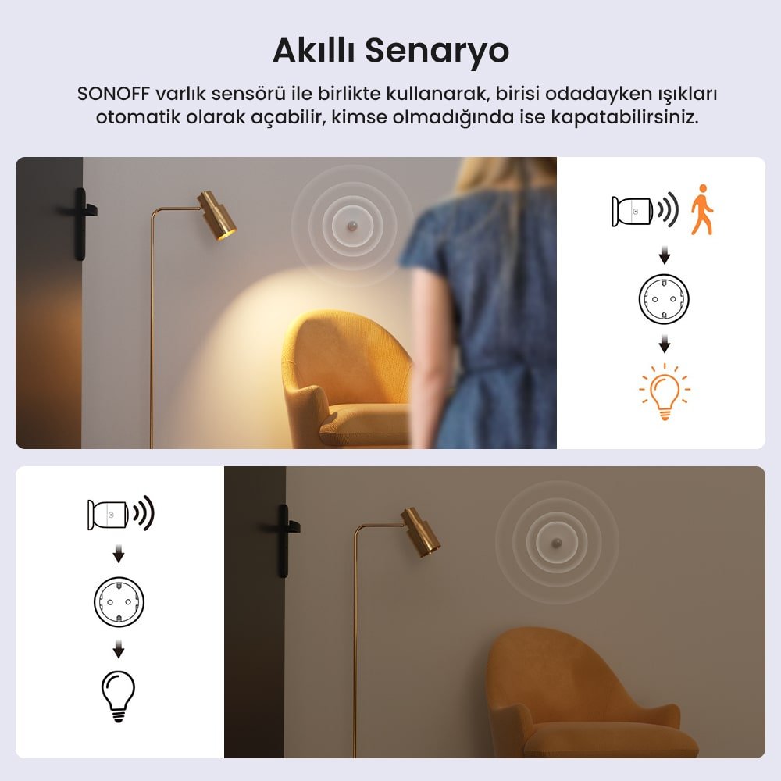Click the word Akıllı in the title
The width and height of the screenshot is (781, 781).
(314, 49)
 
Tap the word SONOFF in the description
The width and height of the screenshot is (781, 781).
(113, 94)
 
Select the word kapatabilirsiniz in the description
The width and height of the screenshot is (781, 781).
(625, 118)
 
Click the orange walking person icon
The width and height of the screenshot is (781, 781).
(702, 209)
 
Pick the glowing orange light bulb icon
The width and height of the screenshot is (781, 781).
(665, 392)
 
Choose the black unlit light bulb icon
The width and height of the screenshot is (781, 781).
(118, 696)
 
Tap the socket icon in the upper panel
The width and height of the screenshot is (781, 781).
(664, 299)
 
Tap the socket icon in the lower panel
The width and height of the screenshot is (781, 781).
(119, 601)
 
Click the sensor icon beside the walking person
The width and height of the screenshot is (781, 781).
(633, 212)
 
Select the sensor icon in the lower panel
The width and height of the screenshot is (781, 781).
(108, 515)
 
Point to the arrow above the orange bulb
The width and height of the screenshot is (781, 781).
(665, 344)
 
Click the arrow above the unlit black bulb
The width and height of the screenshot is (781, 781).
(119, 649)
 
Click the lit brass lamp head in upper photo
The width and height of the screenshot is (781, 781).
(217, 216)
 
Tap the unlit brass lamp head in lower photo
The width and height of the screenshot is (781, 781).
(422, 532)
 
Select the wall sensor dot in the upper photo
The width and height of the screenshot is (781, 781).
(352, 226)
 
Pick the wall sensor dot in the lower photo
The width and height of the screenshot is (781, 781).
(557, 543)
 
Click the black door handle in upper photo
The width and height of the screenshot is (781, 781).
(81, 223)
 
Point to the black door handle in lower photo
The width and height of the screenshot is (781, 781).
(284, 541)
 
